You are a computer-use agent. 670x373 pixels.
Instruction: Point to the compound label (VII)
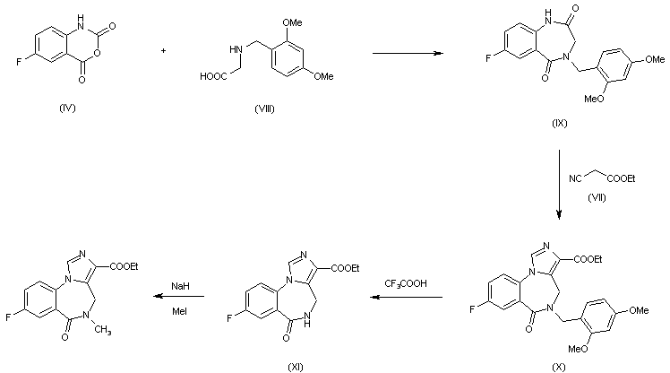593,197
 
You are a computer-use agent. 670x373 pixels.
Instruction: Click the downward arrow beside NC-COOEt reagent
560,184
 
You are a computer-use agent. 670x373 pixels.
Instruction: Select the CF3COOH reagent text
406,283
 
